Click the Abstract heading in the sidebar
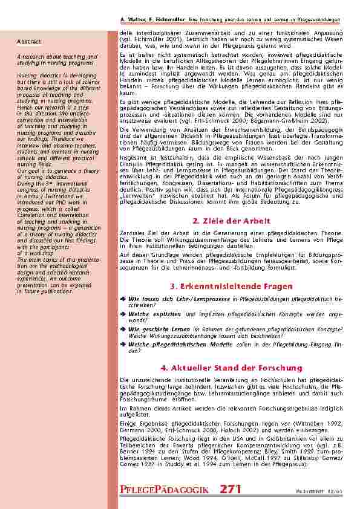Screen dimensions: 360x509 29,42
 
